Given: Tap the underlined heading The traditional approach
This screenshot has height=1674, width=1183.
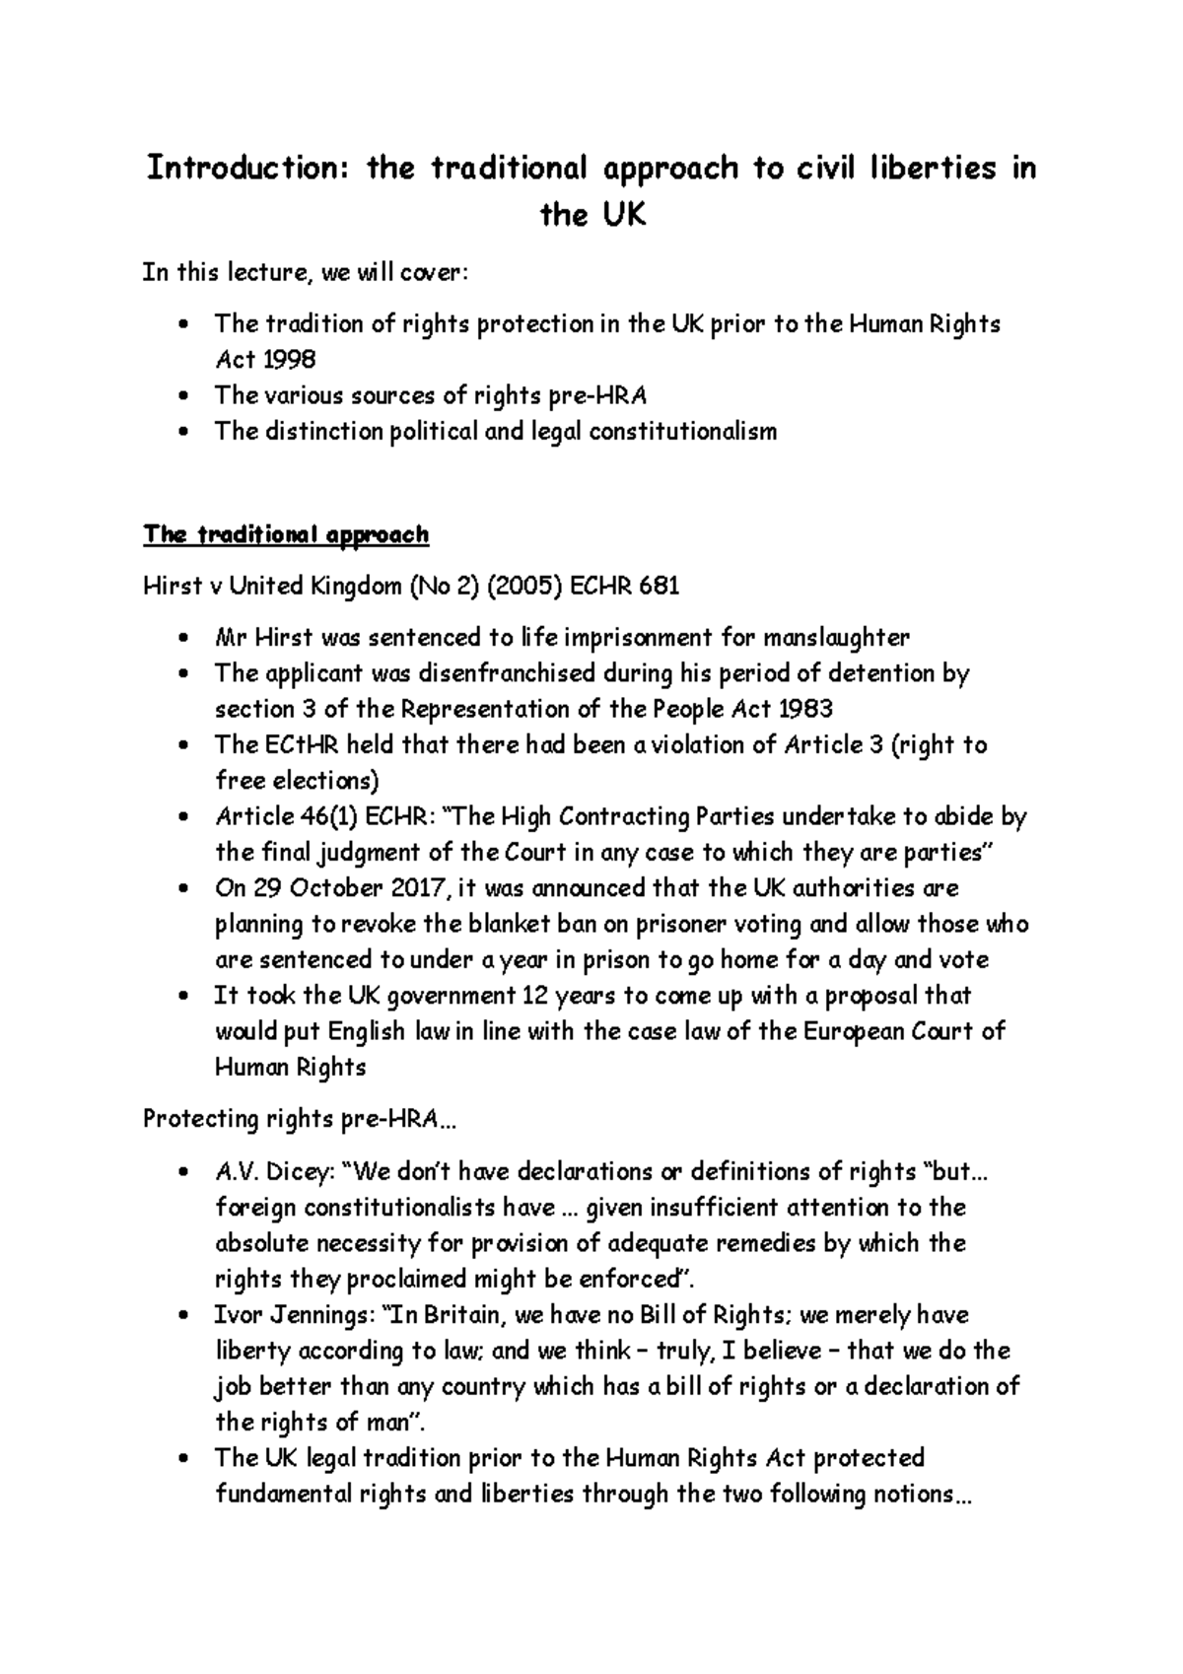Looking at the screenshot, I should coord(286,534).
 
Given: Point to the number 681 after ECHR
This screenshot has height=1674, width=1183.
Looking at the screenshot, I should coord(659,587).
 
